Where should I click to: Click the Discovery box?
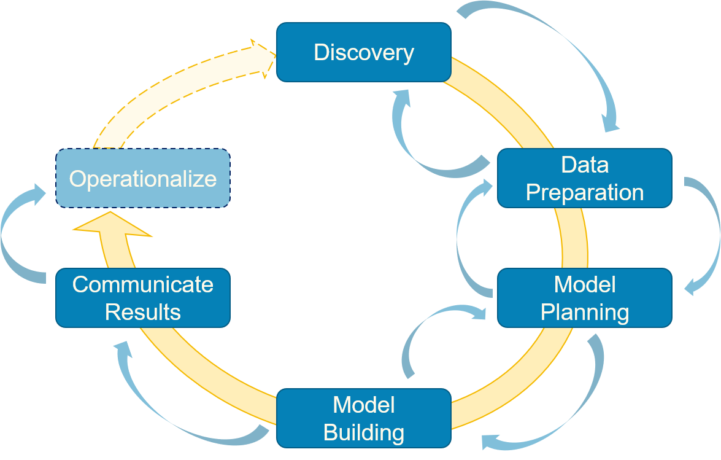(363, 52)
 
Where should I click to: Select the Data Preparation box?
(584, 178)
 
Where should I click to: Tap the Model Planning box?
(584, 298)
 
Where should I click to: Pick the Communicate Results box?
(142, 298)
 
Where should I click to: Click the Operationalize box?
(142, 178)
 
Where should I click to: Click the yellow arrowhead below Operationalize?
(112, 226)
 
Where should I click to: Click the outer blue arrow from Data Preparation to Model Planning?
(712, 233)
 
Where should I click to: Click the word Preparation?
(584, 192)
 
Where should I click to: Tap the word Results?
(142, 312)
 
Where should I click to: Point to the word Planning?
(584, 312)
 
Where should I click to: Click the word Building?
(363, 432)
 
